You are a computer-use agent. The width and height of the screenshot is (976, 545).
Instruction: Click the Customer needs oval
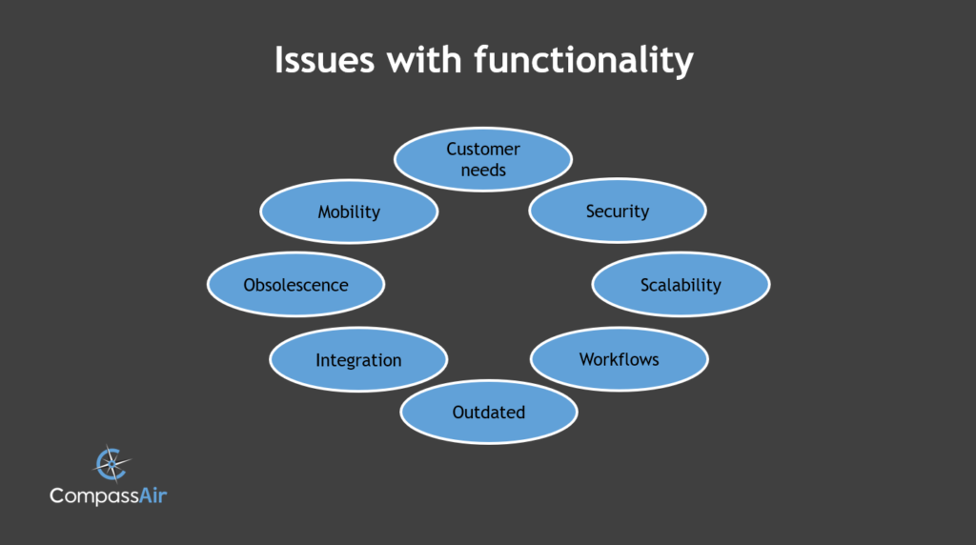(483, 159)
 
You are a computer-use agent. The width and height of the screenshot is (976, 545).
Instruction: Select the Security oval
(618, 211)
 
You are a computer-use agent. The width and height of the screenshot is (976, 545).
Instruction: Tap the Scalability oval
(681, 284)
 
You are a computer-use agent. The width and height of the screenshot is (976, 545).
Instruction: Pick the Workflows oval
(620, 359)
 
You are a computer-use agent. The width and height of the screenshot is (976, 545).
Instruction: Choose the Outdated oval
(489, 412)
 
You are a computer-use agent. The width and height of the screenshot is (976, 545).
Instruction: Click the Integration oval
(358, 359)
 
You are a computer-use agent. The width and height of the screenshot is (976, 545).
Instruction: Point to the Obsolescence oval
(295, 284)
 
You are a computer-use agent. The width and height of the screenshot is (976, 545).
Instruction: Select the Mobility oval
(349, 212)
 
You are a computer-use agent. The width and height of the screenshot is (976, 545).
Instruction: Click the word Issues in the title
(324, 60)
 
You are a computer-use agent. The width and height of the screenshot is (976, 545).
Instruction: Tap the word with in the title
(424, 60)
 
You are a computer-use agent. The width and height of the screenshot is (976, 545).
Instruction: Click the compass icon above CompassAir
(112, 463)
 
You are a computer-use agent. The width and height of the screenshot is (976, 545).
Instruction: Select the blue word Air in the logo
(152, 495)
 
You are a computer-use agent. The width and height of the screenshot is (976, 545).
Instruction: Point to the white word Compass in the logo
(94, 496)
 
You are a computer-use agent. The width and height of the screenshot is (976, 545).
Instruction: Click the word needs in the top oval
(483, 170)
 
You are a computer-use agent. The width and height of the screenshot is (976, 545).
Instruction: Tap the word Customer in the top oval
(483, 150)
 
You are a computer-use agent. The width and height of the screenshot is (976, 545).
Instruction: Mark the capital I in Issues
(279, 60)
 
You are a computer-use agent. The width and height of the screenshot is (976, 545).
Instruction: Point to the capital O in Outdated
(458, 412)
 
